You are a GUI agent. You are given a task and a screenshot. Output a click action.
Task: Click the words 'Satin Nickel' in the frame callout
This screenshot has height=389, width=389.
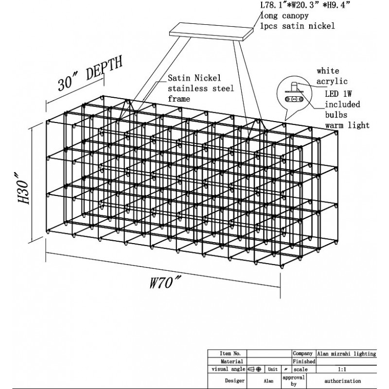[194, 78]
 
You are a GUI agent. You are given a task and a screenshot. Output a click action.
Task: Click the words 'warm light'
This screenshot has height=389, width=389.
[347, 125]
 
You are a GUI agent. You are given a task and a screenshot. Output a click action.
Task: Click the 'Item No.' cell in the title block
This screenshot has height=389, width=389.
[230, 354]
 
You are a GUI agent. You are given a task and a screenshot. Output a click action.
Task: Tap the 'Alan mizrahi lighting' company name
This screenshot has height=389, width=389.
[346, 354]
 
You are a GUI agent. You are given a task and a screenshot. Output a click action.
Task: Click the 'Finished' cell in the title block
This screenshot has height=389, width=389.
[304, 362]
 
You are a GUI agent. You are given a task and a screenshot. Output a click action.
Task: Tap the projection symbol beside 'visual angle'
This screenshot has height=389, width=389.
[255, 370]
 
